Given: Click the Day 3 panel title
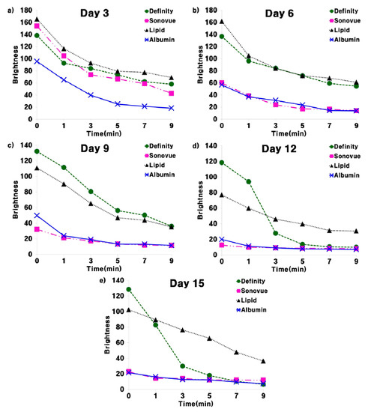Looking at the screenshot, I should pos(93,13).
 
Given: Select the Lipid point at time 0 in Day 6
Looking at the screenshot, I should pos(223,22).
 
